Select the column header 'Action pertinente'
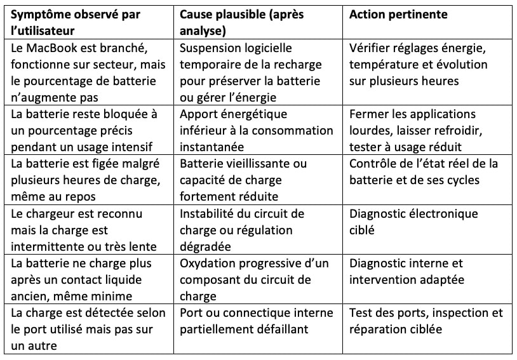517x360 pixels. point(398,14)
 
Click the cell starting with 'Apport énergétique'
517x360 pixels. point(256,130)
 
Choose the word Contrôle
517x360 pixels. point(374,163)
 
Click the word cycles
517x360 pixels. point(459,180)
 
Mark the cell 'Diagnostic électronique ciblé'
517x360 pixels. point(413,221)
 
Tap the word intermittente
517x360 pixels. point(51,246)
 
